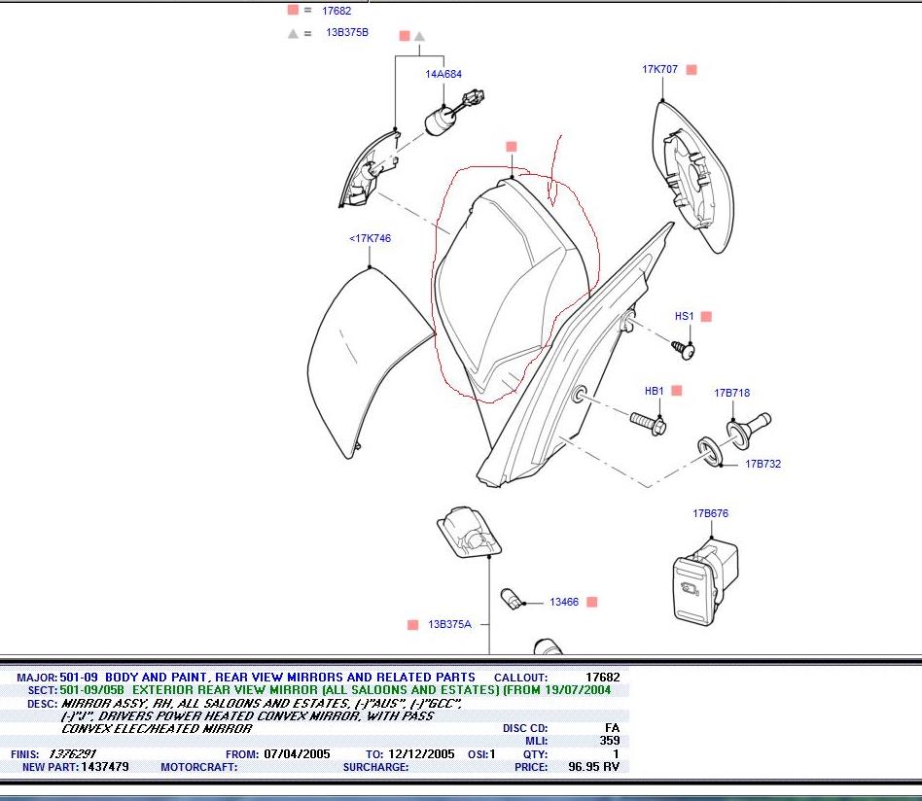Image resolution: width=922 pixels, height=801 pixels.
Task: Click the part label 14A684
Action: [443, 74]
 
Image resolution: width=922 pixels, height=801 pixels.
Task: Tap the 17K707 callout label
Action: [659, 70]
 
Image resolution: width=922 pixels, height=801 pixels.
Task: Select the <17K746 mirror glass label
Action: [370, 238]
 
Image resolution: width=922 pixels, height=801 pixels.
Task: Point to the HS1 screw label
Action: [685, 317]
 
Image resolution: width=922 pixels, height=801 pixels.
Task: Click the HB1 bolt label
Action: [655, 392]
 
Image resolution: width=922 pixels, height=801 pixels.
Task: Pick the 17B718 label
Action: [731, 394]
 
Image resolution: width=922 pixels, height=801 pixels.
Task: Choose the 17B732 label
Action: [762, 464]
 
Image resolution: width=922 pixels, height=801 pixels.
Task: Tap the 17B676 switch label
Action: [710, 513]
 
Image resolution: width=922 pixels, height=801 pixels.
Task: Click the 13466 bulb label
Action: [564, 603]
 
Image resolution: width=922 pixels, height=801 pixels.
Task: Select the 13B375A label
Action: [449, 625]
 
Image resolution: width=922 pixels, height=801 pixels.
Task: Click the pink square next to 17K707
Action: [691, 70]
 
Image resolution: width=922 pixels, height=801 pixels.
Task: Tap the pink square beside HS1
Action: [706, 317]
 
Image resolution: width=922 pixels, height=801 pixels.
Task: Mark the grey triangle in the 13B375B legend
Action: [293, 33]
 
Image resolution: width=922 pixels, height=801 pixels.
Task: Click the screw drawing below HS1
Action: [684, 347]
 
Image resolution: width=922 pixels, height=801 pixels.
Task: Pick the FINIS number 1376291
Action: [73, 754]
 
